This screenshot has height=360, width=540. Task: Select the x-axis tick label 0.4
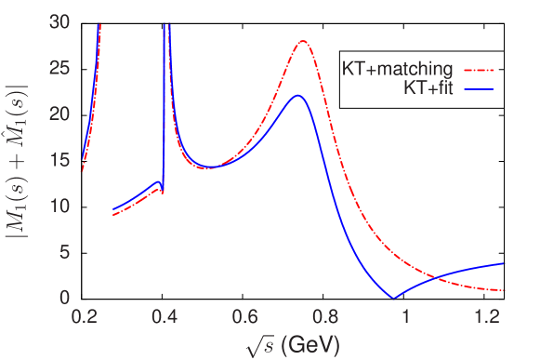(x=165, y=317)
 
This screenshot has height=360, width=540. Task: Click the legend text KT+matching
(x=397, y=68)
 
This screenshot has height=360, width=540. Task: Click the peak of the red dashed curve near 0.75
(x=304, y=41)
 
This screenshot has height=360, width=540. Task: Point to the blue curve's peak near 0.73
(x=297, y=95)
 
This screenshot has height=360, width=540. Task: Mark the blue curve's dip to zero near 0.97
(x=394, y=298)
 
